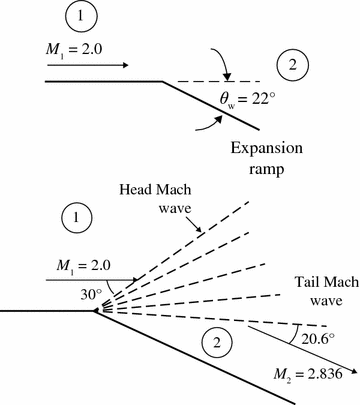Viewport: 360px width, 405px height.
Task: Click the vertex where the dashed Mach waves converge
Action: pos(96,312)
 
